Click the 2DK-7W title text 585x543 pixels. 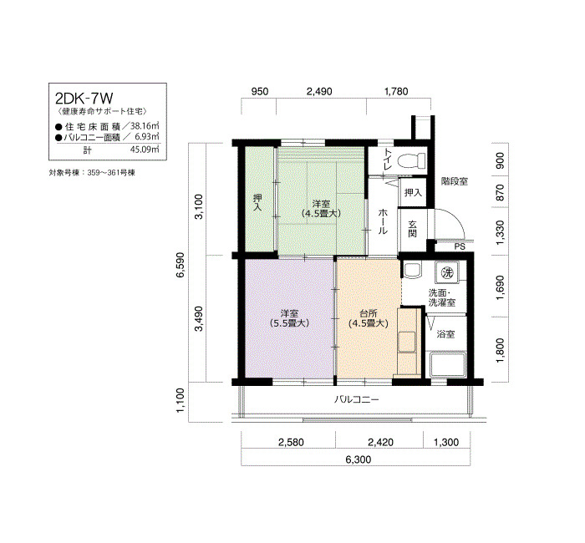84,99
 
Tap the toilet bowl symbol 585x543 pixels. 412,160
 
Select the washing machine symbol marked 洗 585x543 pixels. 447,272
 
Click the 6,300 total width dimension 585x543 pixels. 359,459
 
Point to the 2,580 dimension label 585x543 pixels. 291,442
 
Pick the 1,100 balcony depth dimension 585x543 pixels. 181,400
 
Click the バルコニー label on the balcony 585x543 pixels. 356,400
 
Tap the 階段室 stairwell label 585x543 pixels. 455,181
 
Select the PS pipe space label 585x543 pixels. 460,246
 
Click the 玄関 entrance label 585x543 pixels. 412,229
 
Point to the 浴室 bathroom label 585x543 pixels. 445,334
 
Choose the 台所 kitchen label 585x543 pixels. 369,313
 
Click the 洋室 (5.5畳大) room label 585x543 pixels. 289,318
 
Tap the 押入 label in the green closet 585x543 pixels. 257,202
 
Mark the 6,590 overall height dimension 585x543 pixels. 181,265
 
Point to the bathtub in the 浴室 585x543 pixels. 447,365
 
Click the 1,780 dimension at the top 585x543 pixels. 396,91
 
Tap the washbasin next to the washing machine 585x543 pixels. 413,271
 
